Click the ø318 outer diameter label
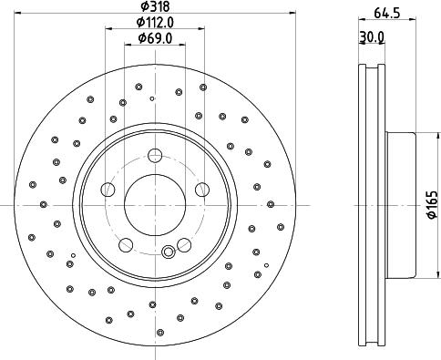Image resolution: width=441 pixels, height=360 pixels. (154, 6)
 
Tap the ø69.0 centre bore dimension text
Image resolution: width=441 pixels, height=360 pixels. (154, 38)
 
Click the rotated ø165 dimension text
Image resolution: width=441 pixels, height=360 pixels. (432, 205)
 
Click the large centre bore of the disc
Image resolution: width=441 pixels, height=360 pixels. (154, 205)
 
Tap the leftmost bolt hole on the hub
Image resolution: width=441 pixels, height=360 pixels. (108, 190)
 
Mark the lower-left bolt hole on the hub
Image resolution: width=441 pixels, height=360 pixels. (126, 244)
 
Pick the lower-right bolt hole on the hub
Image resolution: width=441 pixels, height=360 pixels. (183, 244)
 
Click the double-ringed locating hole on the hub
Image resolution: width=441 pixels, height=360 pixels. (167, 252)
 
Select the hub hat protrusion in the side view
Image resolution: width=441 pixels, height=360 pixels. (402, 205)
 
